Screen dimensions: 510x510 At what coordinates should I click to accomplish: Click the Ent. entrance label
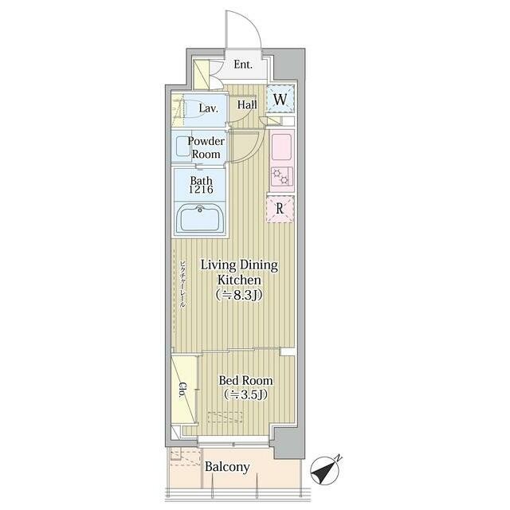click(243, 65)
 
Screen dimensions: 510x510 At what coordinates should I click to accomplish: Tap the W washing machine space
click(280, 99)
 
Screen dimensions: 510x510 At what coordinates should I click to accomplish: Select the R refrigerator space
click(280, 209)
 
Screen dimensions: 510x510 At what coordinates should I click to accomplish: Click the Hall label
click(247, 104)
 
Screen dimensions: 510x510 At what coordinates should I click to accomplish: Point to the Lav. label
click(209, 108)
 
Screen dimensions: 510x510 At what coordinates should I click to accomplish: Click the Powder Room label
click(206, 147)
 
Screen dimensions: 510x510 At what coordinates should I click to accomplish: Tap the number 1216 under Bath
click(202, 190)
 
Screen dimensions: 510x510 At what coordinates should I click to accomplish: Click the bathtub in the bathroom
click(200, 218)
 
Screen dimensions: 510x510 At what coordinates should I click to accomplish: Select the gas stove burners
click(281, 176)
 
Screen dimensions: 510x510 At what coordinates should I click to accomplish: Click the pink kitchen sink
click(281, 147)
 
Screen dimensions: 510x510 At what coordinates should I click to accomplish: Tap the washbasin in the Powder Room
click(182, 147)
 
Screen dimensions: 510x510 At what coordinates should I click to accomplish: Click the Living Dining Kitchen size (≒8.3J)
click(239, 295)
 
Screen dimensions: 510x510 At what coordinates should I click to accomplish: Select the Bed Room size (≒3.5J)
click(245, 394)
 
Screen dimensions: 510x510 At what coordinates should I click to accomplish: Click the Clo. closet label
click(182, 390)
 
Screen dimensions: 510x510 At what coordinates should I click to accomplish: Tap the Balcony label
click(227, 467)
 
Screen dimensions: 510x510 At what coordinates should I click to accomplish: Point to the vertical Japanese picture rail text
click(182, 284)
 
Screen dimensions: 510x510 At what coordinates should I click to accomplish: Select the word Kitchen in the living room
click(239, 280)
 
